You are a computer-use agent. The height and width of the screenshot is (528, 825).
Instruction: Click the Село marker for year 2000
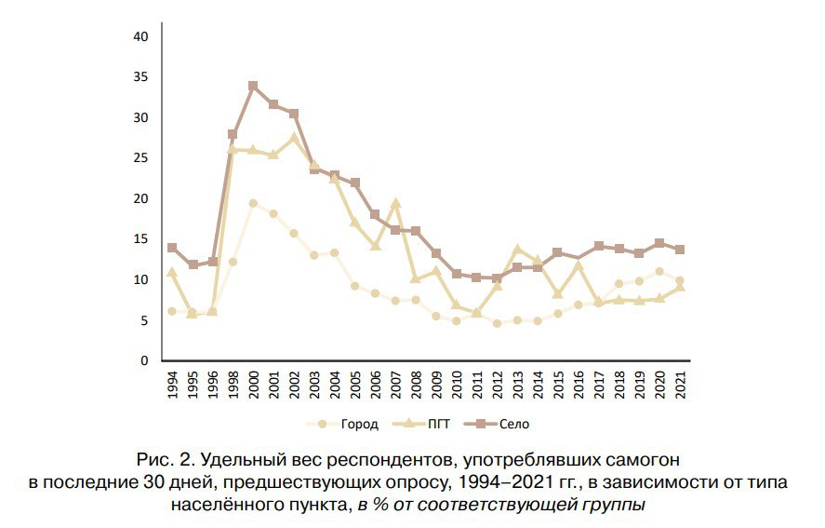coord(253,86)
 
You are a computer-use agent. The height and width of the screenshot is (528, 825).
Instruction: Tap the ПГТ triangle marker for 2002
coord(294,138)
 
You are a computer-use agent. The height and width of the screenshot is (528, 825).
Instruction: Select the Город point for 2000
coord(253,203)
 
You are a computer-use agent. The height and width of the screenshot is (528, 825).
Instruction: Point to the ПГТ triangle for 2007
coord(395,203)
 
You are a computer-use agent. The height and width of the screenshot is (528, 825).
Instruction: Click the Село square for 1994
coord(172,248)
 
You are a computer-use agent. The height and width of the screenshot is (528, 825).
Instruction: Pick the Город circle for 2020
coord(659,272)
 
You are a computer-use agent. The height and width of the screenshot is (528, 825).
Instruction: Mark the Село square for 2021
coord(680,250)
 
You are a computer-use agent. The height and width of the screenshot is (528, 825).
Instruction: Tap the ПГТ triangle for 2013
coord(517,249)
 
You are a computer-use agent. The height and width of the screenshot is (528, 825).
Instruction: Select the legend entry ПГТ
coord(430,425)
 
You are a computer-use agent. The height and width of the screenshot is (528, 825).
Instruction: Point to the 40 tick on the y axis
coord(141,36)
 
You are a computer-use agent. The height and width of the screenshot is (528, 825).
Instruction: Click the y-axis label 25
coord(141,158)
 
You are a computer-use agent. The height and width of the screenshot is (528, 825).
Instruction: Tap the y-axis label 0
coord(145,360)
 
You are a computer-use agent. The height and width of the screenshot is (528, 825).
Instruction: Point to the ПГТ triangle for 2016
coord(579,265)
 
